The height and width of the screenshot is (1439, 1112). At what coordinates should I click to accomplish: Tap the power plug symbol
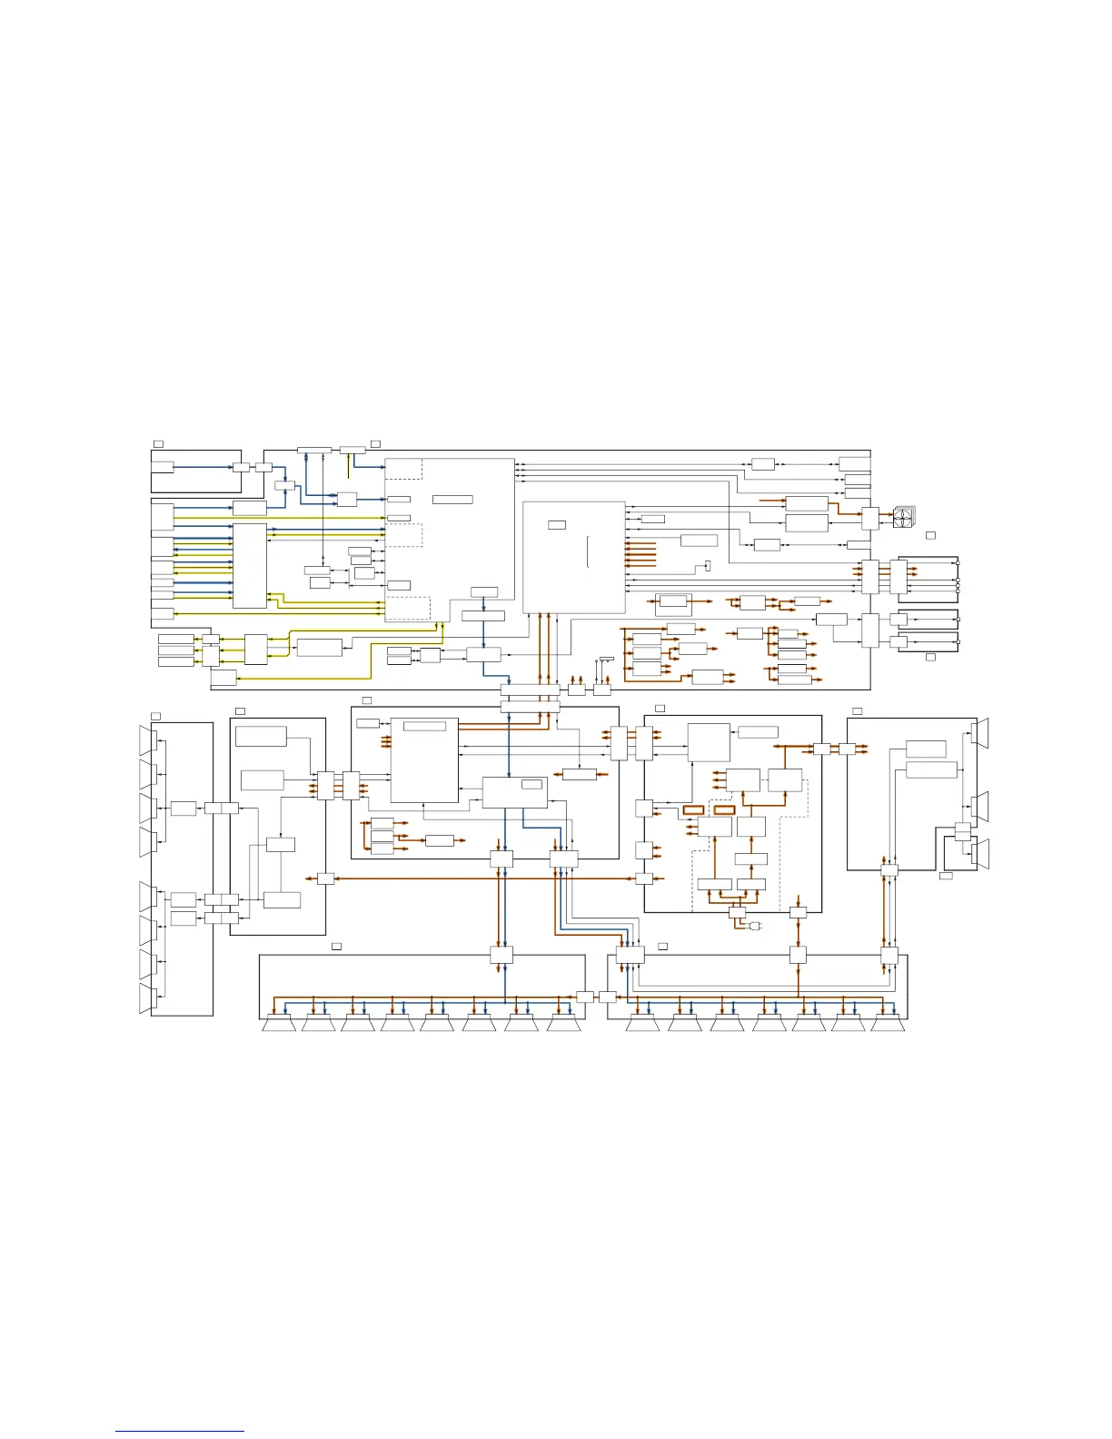(x=754, y=926)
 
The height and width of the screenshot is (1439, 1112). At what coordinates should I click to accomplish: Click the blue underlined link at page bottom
(x=180, y=1431)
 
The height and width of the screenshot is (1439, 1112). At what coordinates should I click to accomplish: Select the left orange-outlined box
(x=693, y=809)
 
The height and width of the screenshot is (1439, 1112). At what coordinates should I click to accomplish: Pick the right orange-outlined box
(x=724, y=809)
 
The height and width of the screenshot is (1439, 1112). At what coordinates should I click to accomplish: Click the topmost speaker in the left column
(x=148, y=740)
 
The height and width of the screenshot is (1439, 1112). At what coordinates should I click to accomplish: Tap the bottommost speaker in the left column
(x=148, y=998)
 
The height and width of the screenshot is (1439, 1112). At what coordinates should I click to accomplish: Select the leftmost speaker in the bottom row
(x=279, y=1025)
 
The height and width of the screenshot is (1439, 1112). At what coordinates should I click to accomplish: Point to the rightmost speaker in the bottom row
(x=889, y=1025)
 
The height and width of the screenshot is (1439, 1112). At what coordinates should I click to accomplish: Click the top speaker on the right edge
(x=980, y=732)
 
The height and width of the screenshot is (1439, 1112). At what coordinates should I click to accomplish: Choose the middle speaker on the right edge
(x=980, y=806)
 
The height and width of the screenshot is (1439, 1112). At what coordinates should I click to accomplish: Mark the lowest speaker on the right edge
(x=980, y=854)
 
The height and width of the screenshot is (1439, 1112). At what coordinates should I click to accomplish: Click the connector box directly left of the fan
(x=870, y=519)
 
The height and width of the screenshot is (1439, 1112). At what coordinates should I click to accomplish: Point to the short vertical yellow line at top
(x=349, y=465)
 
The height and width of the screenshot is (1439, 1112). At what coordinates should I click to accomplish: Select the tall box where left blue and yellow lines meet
(x=250, y=565)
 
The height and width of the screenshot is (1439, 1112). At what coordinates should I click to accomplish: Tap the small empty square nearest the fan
(x=930, y=536)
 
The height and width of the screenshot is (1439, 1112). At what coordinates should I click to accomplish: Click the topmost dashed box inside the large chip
(x=403, y=469)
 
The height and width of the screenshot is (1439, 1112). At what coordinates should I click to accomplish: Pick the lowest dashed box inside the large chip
(x=408, y=608)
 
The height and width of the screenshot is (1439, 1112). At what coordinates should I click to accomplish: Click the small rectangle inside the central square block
(x=557, y=524)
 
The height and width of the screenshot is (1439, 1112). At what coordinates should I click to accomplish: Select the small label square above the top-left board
(x=158, y=443)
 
